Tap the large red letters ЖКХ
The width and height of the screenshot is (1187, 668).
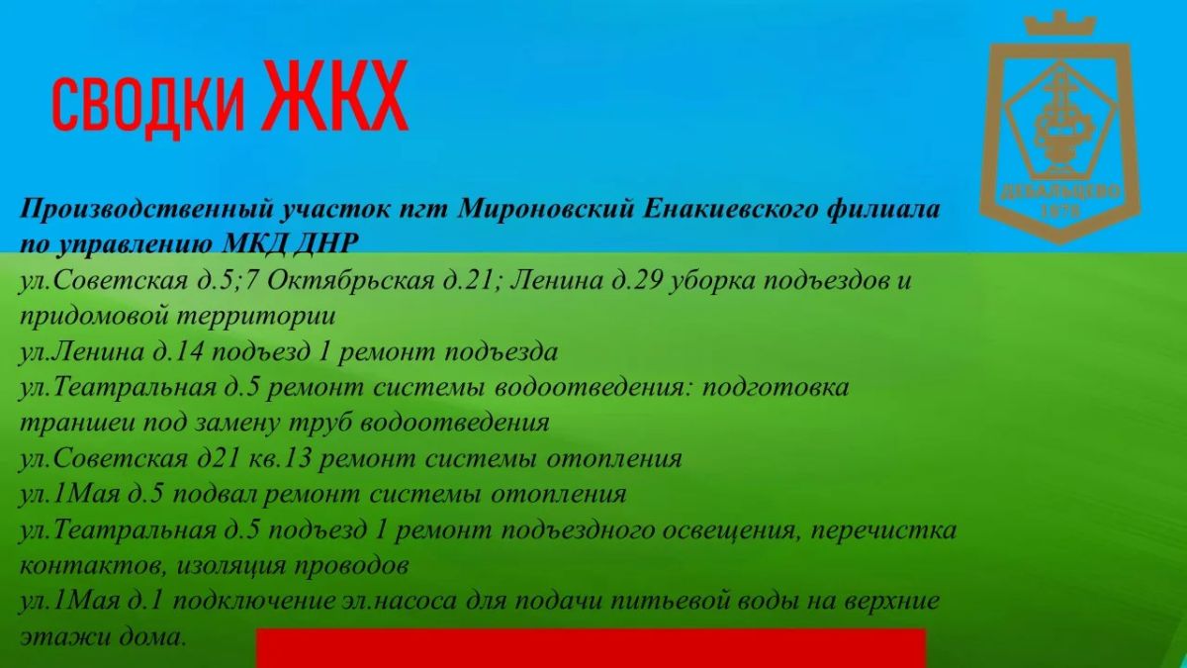coord(335,95)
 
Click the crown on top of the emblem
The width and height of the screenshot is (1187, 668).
coord(1059,24)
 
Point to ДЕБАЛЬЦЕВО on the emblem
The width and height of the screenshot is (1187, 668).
coord(1059,192)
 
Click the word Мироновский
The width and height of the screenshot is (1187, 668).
coord(546,209)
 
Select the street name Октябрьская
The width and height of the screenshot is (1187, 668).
coord(350,281)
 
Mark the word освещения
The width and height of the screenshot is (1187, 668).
coord(731,530)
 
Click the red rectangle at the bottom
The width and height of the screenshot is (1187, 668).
coord(591,648)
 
